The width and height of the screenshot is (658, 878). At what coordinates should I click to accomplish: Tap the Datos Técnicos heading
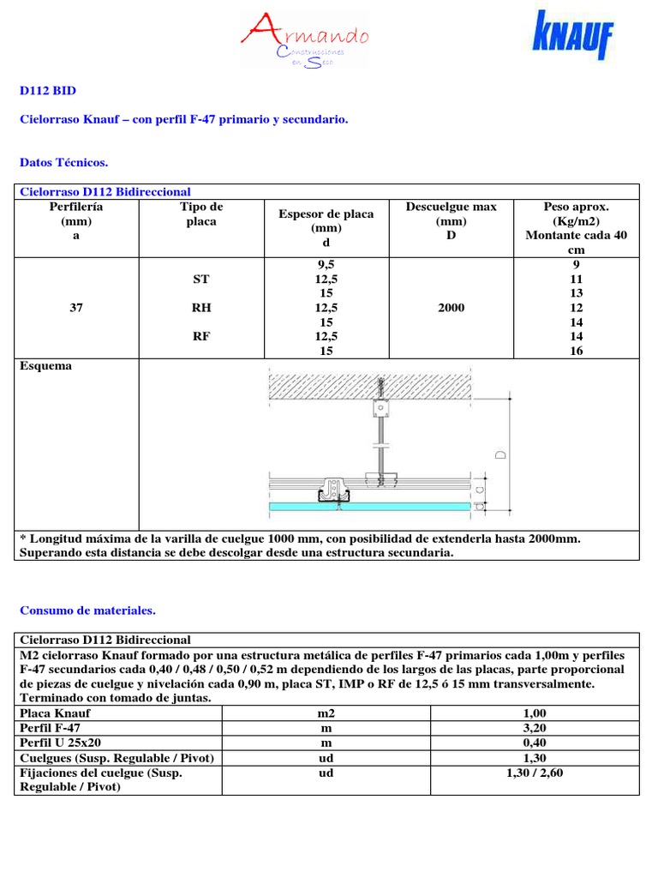click(x=63, y=161)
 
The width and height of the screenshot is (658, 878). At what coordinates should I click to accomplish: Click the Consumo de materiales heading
click(x=87, y=610)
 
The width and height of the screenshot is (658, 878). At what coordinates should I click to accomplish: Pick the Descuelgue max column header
click(x=451, y=221)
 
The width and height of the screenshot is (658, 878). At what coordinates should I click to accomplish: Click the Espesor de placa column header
click(x=326, y=221)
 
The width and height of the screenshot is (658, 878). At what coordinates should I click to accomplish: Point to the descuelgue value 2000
click(x=451, y=308)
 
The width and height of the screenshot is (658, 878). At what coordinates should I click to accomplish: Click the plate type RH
click(x=201, y=308)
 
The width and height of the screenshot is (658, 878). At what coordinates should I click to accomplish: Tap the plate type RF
click(x=201, y=337)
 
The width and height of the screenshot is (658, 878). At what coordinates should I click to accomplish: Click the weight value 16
click(x=576, y=352)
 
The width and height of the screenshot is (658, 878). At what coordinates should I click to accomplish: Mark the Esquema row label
click(x=45, y=366)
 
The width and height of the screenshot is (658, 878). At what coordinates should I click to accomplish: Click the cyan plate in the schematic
click(x=369, y=507)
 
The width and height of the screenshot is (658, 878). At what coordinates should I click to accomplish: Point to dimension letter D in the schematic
click(x=500, y=450)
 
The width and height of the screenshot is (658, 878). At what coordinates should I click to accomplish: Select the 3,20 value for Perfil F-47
click(x=535, y=728)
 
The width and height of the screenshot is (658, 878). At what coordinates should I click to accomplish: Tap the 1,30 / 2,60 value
click(x=535, y=773)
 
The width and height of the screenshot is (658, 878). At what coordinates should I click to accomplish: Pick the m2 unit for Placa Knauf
click(x=326, y=713)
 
